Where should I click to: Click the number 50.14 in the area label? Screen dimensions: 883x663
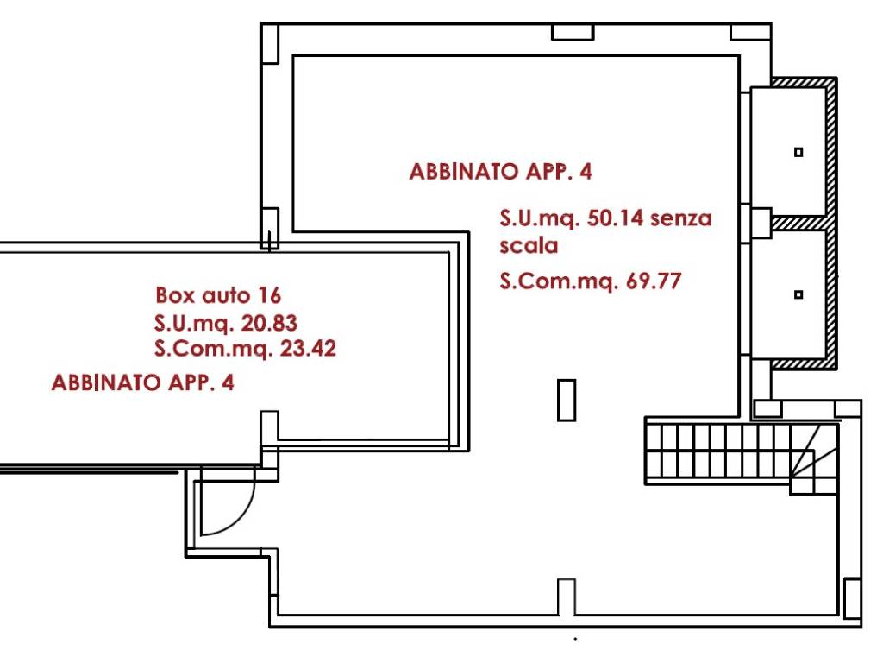[x=615, y=218]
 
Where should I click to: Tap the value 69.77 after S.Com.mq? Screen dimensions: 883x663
[x=654, y=281]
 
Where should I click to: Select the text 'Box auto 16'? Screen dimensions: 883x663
[x=218, y=295]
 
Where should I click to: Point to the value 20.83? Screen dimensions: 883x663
[x=269, y=323]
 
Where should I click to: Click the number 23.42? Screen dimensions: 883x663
[x=308, y=349]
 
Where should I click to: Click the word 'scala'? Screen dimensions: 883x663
[x=529, y=246]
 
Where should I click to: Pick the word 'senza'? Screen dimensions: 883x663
[x=681, y=218]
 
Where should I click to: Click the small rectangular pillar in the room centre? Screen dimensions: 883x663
[x=567, y=401]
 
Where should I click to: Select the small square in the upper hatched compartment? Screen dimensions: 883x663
[x=798, y=152]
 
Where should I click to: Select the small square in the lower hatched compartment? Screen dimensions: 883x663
[x=798, y=294]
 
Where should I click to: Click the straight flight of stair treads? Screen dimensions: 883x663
[x=717, y=451]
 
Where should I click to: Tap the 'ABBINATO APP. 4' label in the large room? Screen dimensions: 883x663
[x=501, y=172]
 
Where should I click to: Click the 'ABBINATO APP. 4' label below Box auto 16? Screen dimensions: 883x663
[x=142, y=382]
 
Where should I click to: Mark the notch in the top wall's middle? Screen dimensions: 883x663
[x=573, y=32]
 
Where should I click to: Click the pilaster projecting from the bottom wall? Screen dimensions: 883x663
[x=567, y=597]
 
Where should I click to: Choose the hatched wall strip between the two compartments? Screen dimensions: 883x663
[x=798, y=224]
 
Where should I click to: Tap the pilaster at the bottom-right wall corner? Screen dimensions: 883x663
[x=852, y=598]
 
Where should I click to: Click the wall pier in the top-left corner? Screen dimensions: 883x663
[x=270, y=43]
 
